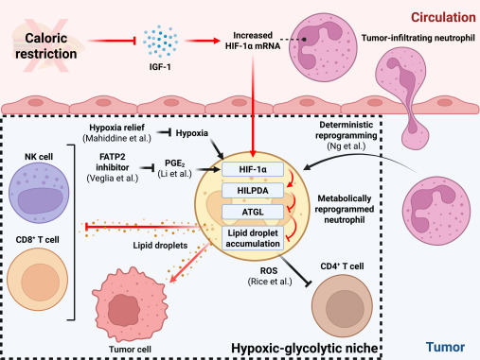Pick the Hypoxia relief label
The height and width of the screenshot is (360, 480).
click(x=119, y=129)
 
